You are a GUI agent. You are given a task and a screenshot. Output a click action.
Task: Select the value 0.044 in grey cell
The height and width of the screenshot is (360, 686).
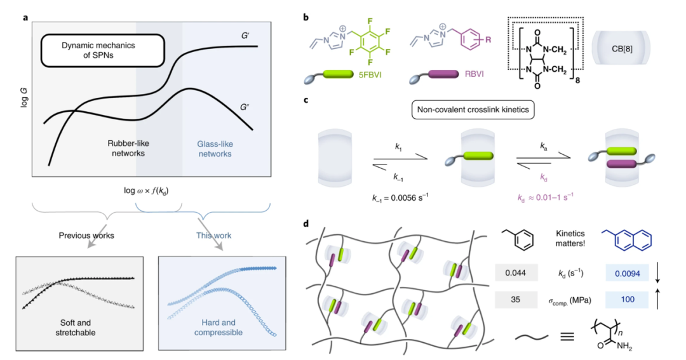(x=515, y=274)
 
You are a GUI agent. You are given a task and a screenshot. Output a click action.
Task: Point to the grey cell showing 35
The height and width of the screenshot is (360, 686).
(x=515, y=299)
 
